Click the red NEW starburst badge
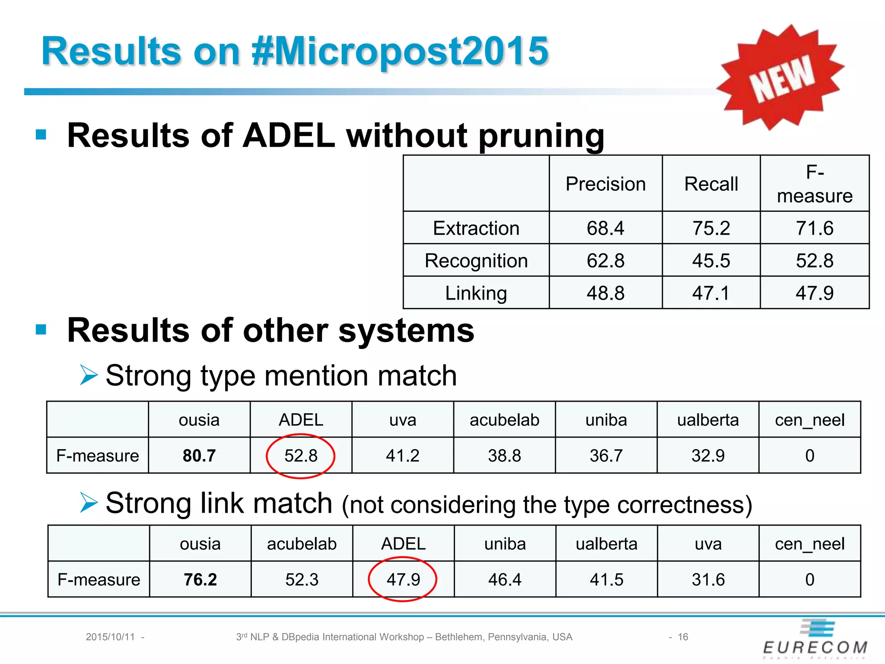click(x=780, y=78)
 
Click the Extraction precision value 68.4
click(x=605, y=228)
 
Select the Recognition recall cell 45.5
click(x=711, y=261)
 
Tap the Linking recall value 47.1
click(x=711, y=293)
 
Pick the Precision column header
click(x=605, y=184)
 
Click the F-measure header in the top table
click(x=815, y=184)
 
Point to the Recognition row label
click(x=476, y=261)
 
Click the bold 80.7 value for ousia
click(x=199, y=456)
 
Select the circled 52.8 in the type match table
click(x=301, y=456)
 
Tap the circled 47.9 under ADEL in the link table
click(x=403, y=579)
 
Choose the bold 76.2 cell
click(x=200, y=579)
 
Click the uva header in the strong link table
click(x=708, y=544)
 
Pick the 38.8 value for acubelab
click(x=504, y=456)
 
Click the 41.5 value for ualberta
click(x=606, y=579)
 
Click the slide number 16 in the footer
click(x=683, y=637)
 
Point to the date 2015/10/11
click(x=110, y=637)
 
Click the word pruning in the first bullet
click(x=541, y=136)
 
